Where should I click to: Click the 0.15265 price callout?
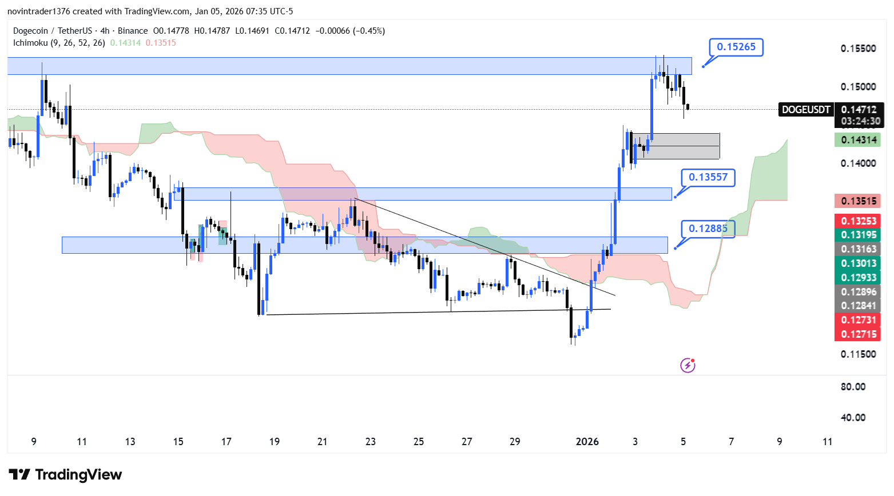736,47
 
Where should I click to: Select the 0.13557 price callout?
708,177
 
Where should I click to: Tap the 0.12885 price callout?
708,229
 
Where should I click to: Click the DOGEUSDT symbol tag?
806,110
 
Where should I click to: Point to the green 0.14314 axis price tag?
858,140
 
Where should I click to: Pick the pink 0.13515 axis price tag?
858,201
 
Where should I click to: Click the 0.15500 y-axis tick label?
858,49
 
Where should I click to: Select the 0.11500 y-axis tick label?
858,354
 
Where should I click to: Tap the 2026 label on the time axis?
587,441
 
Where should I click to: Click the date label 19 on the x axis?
275,441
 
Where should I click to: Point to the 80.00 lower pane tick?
853,387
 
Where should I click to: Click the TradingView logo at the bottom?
65,475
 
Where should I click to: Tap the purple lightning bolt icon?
688,365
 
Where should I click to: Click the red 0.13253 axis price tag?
858,221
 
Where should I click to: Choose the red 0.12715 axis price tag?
858,334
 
